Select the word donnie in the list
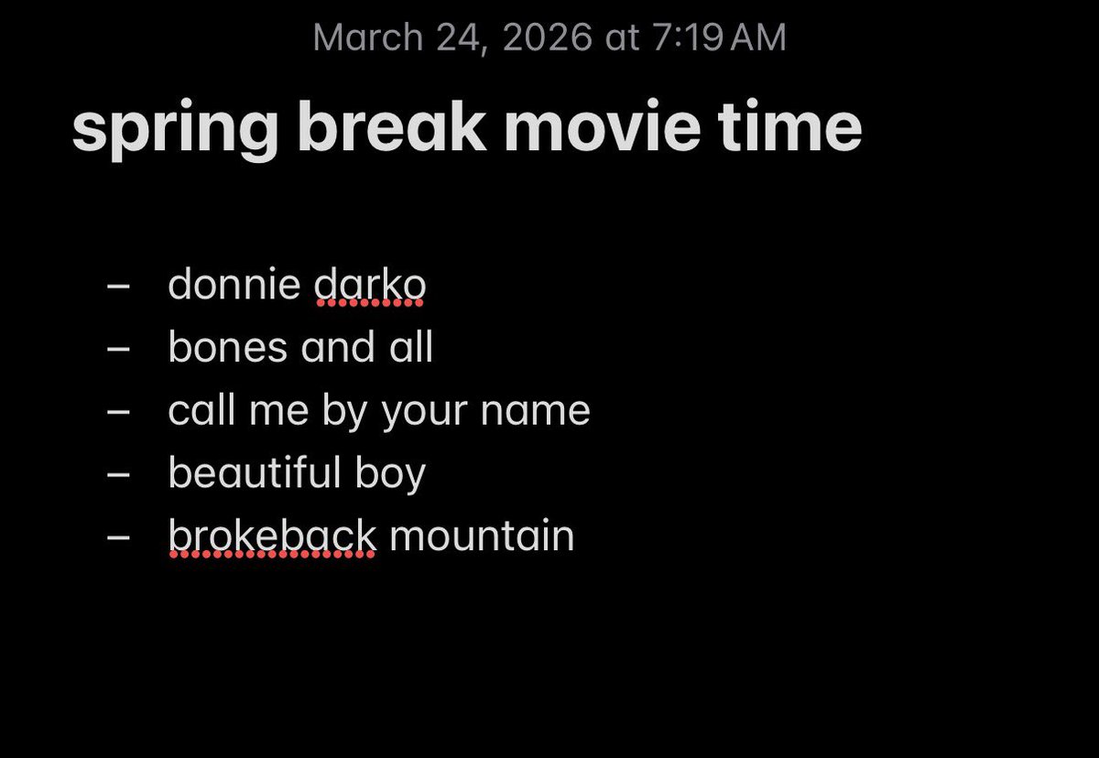[x=234, y=285]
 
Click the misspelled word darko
[x=370, y=285]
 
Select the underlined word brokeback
[x=272, y=536]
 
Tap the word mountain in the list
[x=482, y=536]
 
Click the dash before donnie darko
[x=118, y=286]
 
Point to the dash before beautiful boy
[x=118, y=474]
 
